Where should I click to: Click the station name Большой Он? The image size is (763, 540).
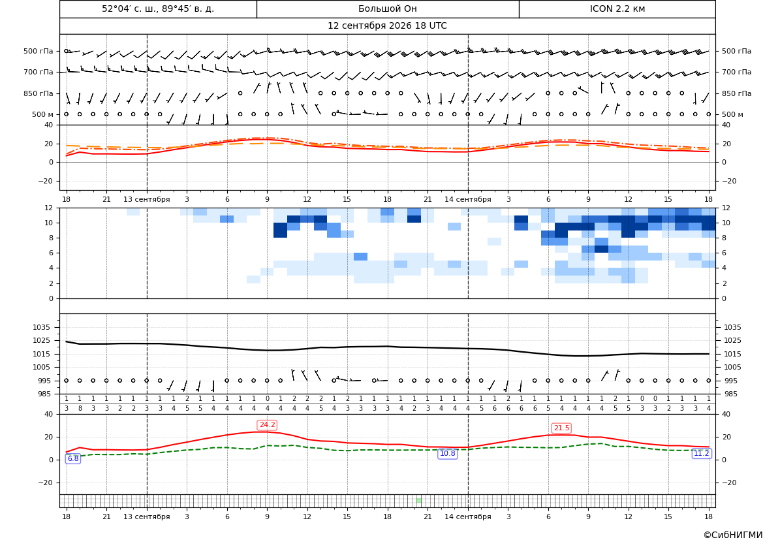tap(387, 8)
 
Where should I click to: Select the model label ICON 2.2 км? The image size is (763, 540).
tap(617, 8)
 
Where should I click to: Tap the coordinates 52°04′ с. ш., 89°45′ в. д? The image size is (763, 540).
tap(158, 8)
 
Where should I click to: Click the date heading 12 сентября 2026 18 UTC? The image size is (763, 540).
tap(387, 26)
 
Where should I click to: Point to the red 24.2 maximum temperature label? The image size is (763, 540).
tap(267, 424)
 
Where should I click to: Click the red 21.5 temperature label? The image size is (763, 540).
tap(561, 428)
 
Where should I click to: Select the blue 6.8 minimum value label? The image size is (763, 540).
tap(73, 458)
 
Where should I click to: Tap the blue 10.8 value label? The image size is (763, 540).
tap(447, 453)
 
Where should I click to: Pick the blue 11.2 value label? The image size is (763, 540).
tap(701, 453)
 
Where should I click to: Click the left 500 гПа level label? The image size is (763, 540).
tap(39, 51)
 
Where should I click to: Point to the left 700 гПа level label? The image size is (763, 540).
tap(39, 72)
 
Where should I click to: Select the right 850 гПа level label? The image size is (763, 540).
tap(737, 93)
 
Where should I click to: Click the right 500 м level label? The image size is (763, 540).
tap(732, 114)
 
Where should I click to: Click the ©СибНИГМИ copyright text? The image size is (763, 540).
tap(733, 535)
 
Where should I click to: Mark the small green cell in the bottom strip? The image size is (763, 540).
tap(418, 501)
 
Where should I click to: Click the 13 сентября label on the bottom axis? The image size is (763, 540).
tap(147, 516)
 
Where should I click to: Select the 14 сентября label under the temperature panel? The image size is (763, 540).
tap(468, 199)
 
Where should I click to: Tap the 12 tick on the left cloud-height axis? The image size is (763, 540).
tap(49, 208)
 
